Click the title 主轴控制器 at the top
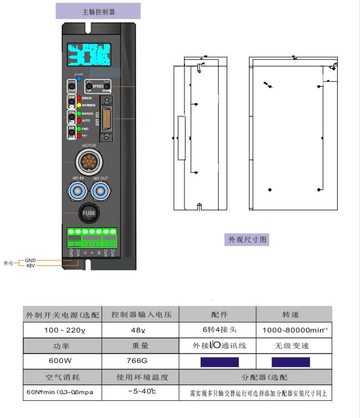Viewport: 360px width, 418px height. click(98, 11)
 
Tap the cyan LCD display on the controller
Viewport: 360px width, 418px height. click(89, 55)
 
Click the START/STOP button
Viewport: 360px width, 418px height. click(72, 86)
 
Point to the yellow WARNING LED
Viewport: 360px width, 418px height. click(79, 105)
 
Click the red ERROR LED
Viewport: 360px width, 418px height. click(79, 98)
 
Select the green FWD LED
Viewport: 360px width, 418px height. click(79, 129)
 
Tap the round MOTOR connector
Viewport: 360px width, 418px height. click(89, 162)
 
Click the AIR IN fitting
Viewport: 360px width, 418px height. click(77, 192)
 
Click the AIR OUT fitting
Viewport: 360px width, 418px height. click(101, 192)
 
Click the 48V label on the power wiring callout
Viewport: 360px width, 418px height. click(31, 265)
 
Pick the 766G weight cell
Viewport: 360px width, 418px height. click(142, 361)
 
